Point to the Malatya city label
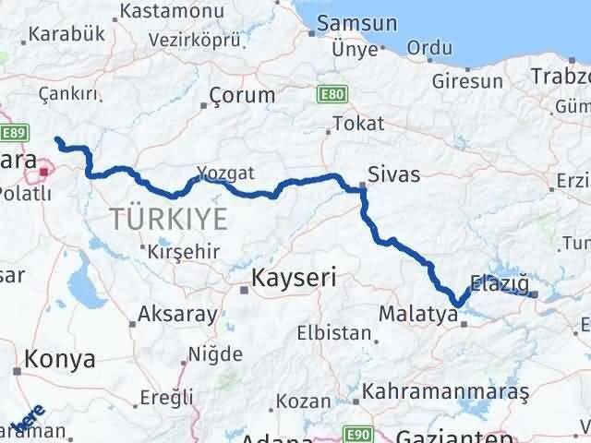click(418, 315)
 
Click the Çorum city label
click(242, 94)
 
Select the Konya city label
click(60, 359)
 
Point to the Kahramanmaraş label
click(446, 392)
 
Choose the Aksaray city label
click(177, 314)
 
